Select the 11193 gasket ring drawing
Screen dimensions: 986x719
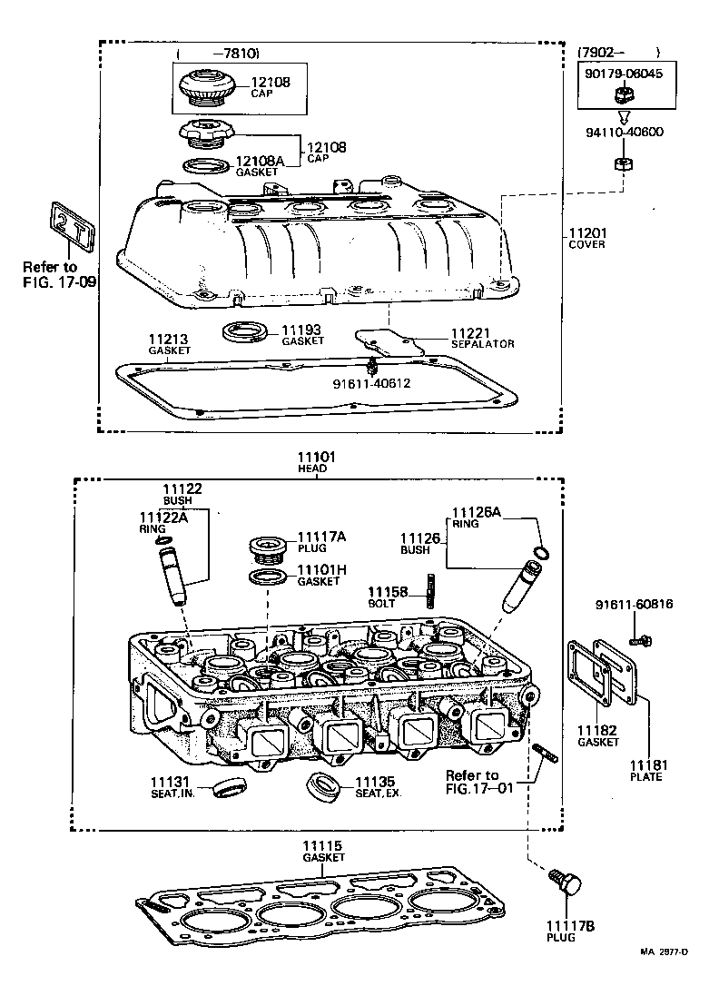coord(246,331)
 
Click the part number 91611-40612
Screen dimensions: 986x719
coord(373,383)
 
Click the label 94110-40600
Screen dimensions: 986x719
coord(624,132)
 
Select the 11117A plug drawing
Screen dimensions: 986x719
coord(266,551)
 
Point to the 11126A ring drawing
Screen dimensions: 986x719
coord(542,554)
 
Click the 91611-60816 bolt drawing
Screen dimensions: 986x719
coord(640,640)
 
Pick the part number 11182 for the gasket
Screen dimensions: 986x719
coord(597,731)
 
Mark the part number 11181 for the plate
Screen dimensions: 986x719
coord(645,765)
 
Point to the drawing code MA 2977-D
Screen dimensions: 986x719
coord(664,951)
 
